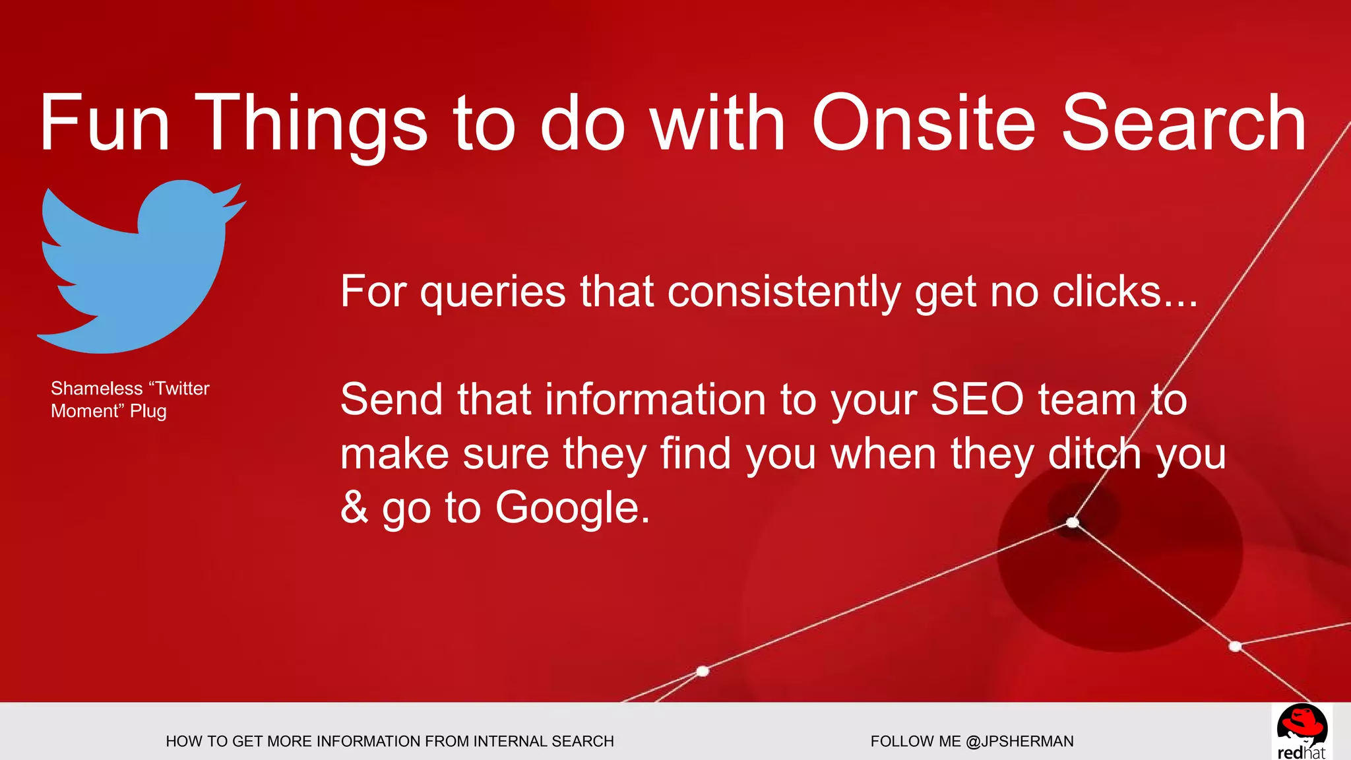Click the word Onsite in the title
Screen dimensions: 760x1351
pyautogui.click(x=924, y=123)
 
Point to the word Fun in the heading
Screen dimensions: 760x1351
pyautogui.click(x=106, y=123)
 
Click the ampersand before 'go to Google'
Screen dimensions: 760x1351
pyautogui.click(x=354, y=508)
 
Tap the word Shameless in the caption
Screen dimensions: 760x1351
pyautogui.click(x=96, y=389)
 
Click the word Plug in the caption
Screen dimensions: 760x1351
pyautogui.click(x=148, y=412)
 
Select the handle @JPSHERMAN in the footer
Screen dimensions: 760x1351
pyautogui.click(x=1019, y=742)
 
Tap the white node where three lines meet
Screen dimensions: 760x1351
pyautogui.click(x=1073, y=522)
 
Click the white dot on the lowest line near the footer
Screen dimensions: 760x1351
pyautogui.click(x=703, y=671)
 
